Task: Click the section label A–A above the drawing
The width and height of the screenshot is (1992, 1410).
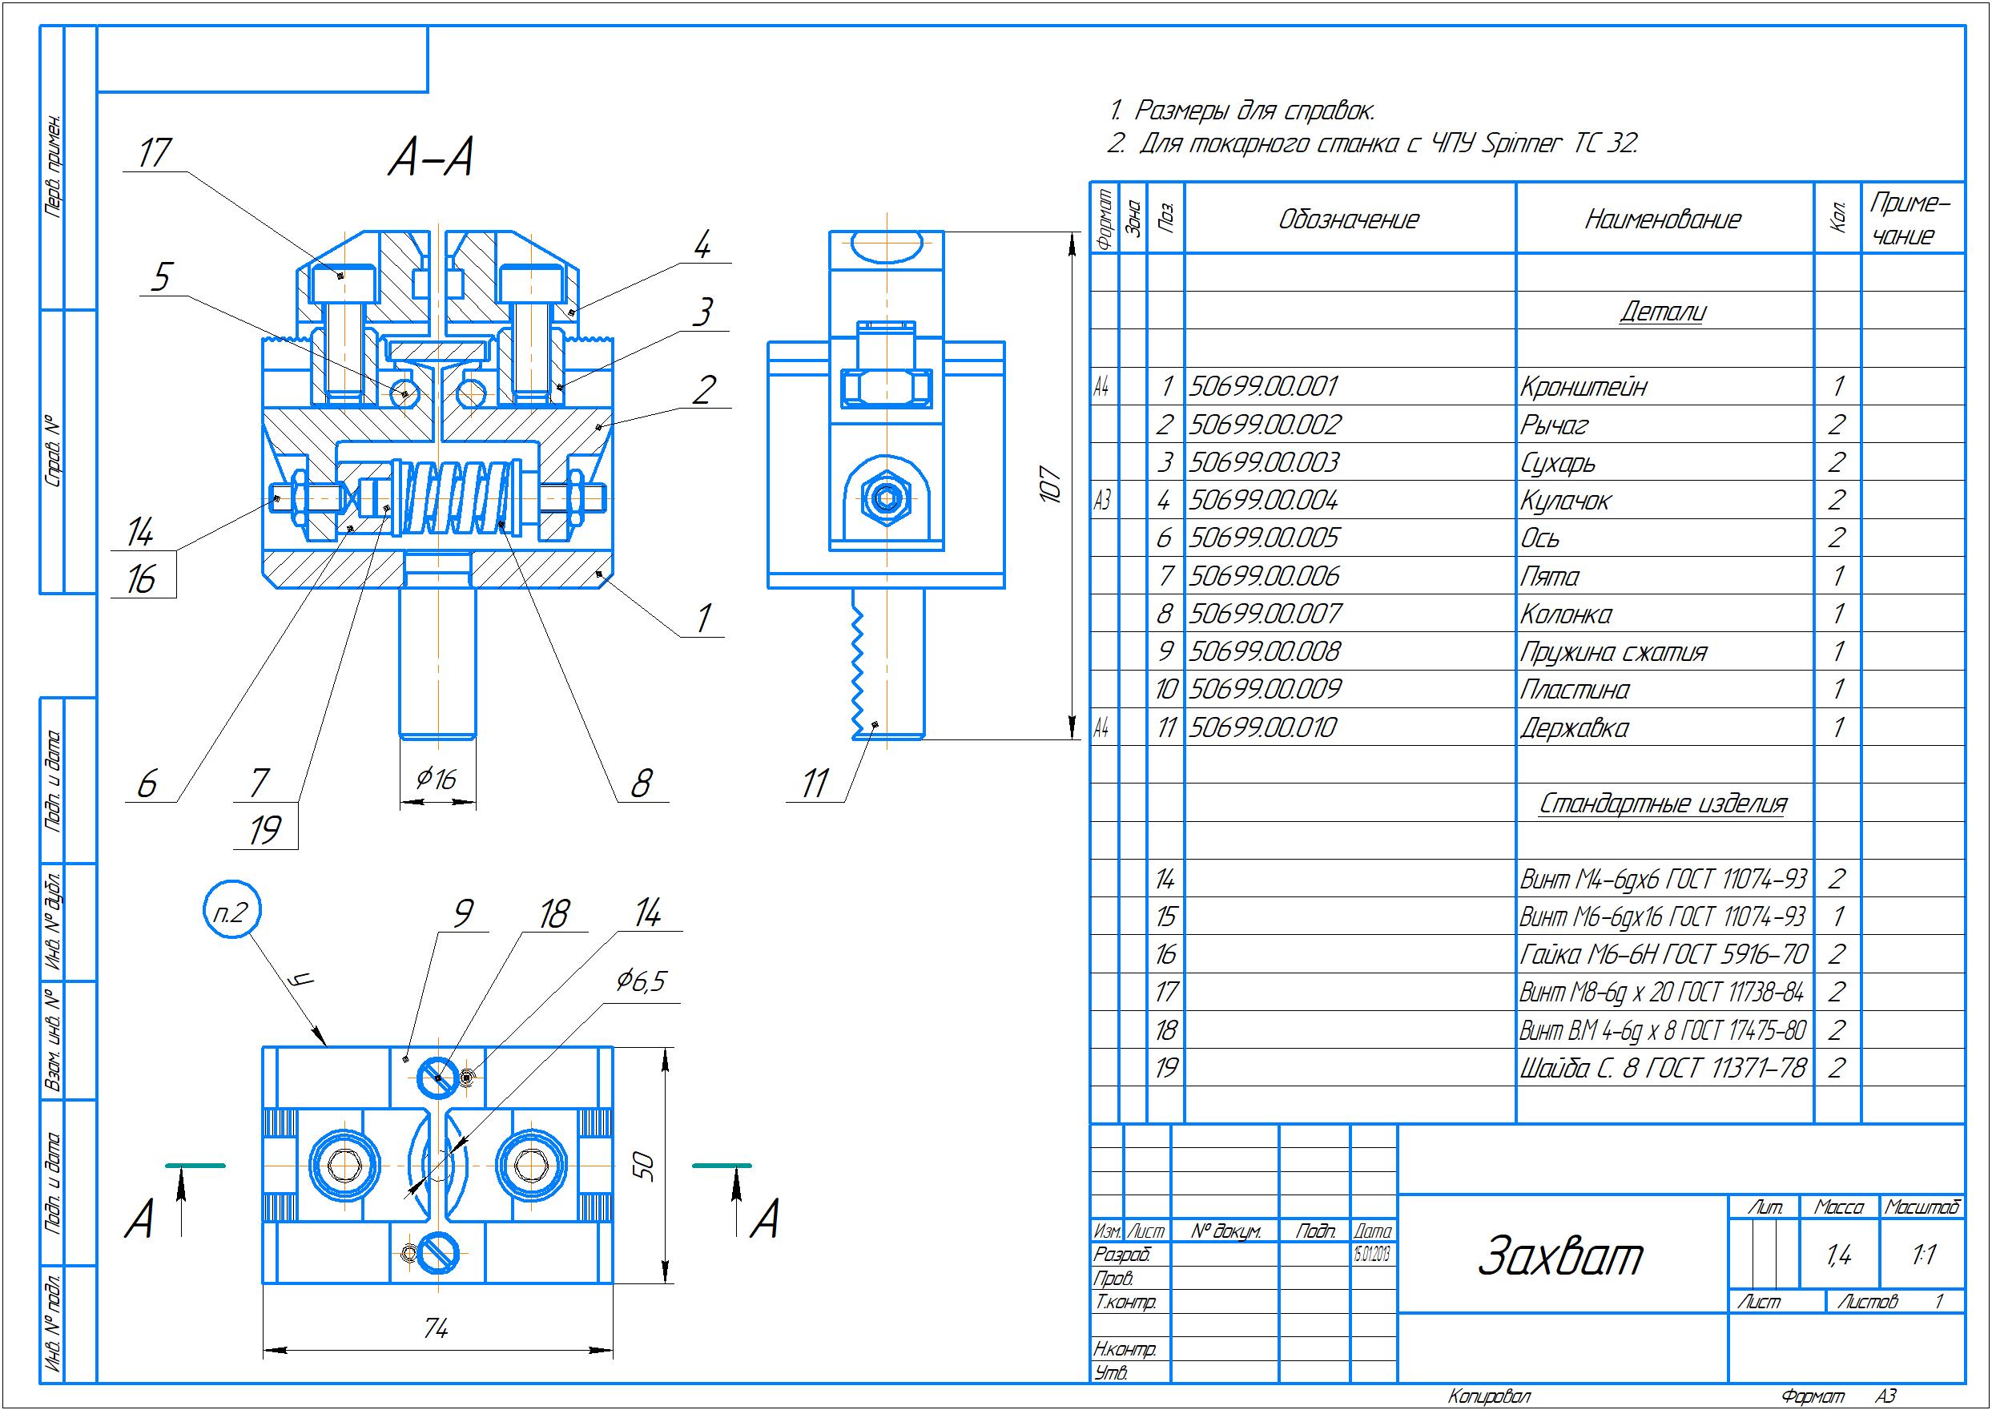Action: pyautogui.click(x=430, y=159)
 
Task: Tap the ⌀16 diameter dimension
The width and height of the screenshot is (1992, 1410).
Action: pyautogui.click(x=436, y=779)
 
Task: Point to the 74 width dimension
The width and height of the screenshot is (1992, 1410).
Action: pyautogui.click(x=437, y=1327)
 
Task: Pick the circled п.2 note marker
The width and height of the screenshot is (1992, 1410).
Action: pyautogui.click(x=231, y=912)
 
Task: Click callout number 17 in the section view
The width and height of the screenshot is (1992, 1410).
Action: pyautogui.click(x=155, y=154)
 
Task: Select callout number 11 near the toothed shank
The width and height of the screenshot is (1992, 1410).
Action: pyautogui.click(x=814, y=784)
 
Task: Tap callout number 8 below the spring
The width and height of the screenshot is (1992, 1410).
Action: pyautogui.click(x=641, y=784)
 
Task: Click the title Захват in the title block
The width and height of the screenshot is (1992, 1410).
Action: pyautogui.click(x=1559, y=1256)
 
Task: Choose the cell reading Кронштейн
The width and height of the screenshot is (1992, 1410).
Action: pyautogui.click(x=1584, y=387)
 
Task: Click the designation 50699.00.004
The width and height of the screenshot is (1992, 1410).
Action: pyautogui.click(x=1264, y=501)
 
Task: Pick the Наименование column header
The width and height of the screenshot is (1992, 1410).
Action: pyautogui.click(x=1662, y=220)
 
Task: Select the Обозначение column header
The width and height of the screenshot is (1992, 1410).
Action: pyautogui.click(x=1349, y=220)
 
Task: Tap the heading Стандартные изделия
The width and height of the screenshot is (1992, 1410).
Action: pyautogui.click(x=1662, y=804)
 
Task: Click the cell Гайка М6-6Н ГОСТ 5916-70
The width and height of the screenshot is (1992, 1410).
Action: pyautogui.click(x=1662, y=955)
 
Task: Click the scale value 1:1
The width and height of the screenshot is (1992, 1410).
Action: pyautogui.click(x=1923, y=1255)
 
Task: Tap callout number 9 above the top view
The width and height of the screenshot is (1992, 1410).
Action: pyautogui.click(x=463, y=913)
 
